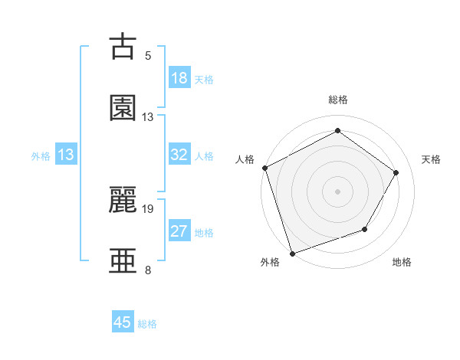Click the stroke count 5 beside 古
point(148,56)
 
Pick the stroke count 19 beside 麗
point(148,208)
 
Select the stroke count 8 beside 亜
point(148,270)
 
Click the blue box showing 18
point(179,78)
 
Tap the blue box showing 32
point(179,155)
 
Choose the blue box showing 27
point(179,231)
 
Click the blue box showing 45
point(123,322)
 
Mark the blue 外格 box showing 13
point(66,155)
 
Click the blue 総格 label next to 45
point(147,324)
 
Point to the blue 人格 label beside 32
point(204,156)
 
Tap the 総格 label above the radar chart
point(338,100)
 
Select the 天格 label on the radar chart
point(432,159)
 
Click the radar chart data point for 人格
point(264,168)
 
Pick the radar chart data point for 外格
point(292,252)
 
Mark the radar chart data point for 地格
point(365,229)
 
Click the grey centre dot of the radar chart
point(337,191)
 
